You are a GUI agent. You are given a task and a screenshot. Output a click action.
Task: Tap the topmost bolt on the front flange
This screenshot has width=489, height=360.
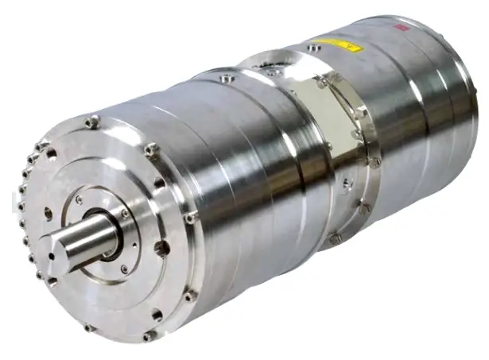point(92,122)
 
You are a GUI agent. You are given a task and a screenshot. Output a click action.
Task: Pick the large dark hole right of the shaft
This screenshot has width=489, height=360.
point(162,248)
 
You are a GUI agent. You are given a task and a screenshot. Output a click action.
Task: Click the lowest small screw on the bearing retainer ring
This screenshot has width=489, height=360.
point(124,269)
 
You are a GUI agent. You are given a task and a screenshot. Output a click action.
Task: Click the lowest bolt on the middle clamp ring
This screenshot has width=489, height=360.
point(335,238)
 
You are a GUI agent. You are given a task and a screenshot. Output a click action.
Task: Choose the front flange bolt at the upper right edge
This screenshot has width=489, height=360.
point(151,149)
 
